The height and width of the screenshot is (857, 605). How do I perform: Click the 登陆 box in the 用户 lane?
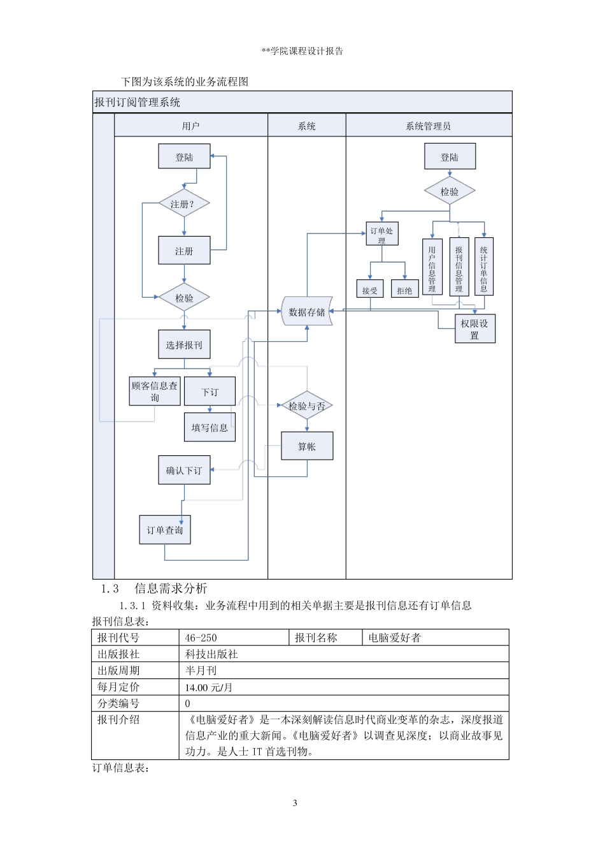coord(184,157)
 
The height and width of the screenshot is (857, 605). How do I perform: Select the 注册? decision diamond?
coord(184,204)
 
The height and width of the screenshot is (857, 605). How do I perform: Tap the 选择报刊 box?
coord(184,345)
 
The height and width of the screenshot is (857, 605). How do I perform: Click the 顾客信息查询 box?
coord(155,391)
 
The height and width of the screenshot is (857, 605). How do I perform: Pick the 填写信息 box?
coord(210,427)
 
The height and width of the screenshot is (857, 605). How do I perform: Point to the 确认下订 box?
coord(184,470)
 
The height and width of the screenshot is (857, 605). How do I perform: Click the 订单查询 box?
coord(165,530)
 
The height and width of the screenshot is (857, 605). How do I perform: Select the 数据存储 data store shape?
coord(307,312)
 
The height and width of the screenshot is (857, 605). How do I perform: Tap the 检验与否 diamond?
coord(307,406)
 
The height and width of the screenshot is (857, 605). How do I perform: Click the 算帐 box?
coord(307,446)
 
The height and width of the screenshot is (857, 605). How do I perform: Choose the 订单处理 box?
coord(381,234)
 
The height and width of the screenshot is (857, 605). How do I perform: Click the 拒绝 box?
coord(404,289)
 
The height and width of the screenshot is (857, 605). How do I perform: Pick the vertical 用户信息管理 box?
coord(432,267)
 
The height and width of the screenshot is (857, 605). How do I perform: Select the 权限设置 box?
coord(474,329)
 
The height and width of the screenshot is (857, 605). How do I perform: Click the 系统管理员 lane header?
coord(428,126)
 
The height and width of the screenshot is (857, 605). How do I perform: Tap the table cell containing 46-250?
coord(234,638)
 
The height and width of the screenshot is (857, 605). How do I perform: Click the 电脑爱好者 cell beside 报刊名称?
coord(435,638)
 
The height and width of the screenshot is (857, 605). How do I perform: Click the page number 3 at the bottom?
coord(295,803)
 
